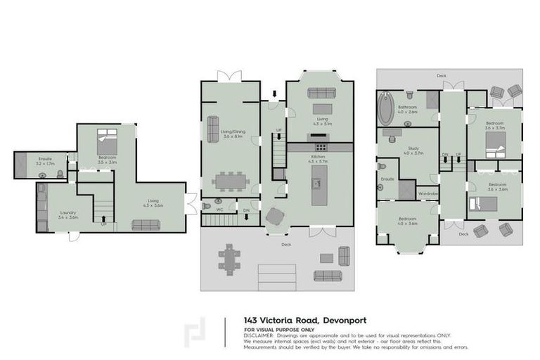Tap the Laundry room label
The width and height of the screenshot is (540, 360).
68,212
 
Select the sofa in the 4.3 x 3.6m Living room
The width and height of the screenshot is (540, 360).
146,225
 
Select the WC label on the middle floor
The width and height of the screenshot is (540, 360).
219,209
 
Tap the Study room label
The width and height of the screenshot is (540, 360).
413,148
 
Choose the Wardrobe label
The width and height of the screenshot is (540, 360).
428,193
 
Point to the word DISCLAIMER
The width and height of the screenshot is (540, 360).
257,335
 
